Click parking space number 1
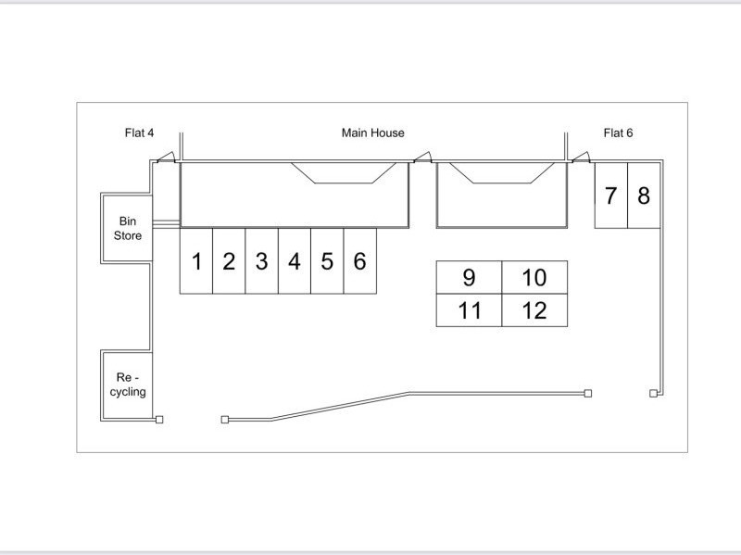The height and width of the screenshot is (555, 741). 196,261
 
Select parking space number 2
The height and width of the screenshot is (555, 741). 229,261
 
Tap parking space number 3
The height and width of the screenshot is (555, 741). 262,261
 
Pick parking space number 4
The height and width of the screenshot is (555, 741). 295,261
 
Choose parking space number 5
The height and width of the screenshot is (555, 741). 327,261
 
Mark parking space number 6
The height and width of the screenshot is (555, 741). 360,261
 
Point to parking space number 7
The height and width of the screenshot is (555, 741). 610,196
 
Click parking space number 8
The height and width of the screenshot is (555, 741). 644,196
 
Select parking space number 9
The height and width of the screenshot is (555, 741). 469,277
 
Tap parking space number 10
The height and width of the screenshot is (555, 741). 534,277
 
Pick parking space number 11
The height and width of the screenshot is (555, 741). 469,310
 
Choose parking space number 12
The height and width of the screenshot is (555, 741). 534,310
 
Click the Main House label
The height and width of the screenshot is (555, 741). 372,133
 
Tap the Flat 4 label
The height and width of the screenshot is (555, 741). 139,133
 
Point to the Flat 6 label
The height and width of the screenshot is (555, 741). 618,133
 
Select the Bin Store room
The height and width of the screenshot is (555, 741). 128,229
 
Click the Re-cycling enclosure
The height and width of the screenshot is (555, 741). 128,385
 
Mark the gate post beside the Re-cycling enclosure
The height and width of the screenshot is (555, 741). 159,420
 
